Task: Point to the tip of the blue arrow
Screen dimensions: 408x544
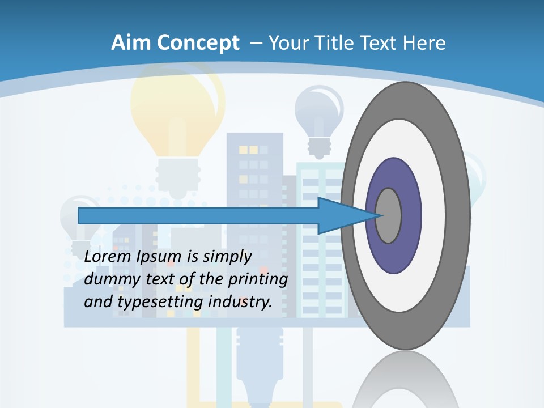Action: (x=378, y=215)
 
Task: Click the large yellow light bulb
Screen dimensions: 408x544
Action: (x=177, y=113)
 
